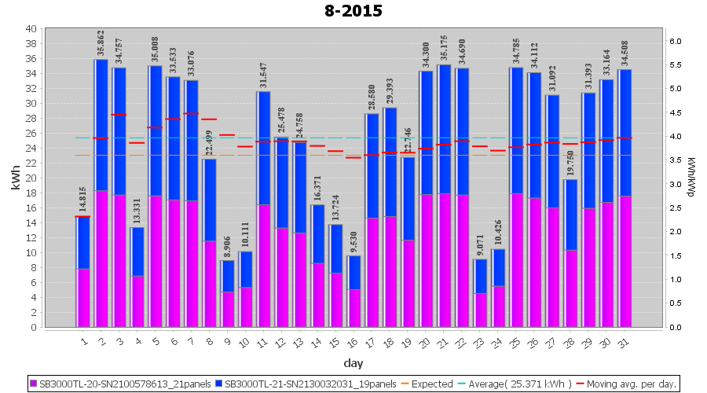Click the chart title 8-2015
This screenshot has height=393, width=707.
353,11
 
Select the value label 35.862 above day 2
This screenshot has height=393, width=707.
101,44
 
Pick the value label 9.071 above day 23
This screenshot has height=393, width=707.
481,244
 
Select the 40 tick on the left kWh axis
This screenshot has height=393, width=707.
31,28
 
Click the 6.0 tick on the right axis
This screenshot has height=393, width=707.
675,41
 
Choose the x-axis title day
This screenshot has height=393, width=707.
353,363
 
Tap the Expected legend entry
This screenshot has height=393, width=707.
426,384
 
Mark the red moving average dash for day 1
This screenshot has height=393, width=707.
82,216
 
